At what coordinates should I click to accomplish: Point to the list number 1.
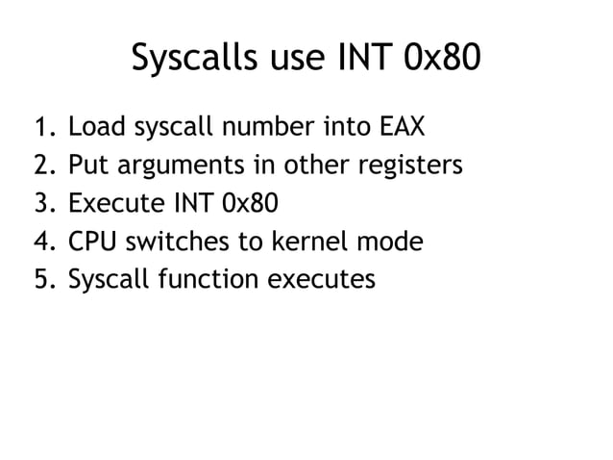pyautogui.click(x=43, y=127)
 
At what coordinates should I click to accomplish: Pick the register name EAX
pyautogui.click(x=400, y=127)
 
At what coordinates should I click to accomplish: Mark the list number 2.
pyautogui.click(x=43, y=166)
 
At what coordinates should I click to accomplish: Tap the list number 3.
pyautogui.click(x=43, y=204)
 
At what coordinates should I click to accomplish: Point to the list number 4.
pyautogui.click(x=43, y=242)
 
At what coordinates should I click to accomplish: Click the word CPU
pyautogui.click(x=91, y=242)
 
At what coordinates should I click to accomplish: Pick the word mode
pyautogui.click(x=390, y=242)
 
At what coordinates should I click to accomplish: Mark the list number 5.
pyautogui.click(x=43, y=280)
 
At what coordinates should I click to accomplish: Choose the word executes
pyautogui.click(x=322, y=280)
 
